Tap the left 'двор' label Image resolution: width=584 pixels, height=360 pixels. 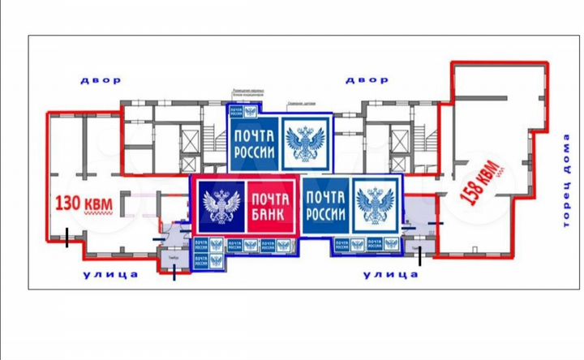pos(101,80)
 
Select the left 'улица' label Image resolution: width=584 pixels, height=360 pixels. pos(109,275)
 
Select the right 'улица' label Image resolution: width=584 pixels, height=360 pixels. pos(389,275)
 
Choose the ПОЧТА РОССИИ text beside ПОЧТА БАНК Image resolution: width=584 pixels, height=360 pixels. pos(327,206)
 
